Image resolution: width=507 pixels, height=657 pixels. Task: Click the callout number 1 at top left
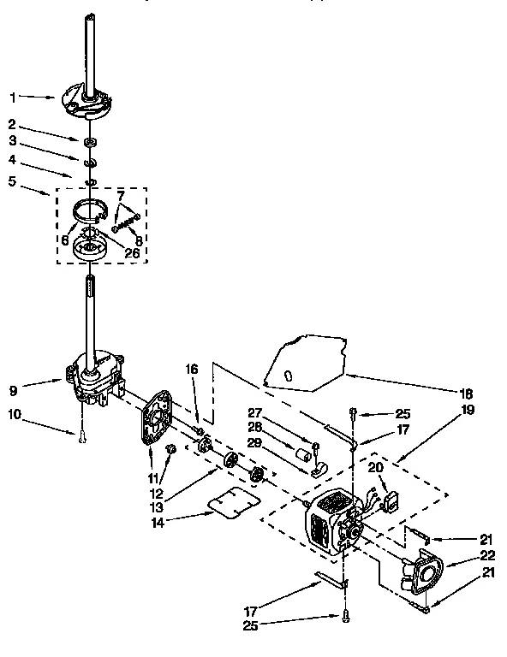click(12, 97)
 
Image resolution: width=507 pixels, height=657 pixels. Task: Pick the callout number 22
click(464, 557)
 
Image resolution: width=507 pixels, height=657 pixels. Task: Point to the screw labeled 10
click(81, 437)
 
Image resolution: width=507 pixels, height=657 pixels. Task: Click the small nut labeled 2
click(88, 139)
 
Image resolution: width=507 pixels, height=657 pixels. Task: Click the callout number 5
click(12, 181)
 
